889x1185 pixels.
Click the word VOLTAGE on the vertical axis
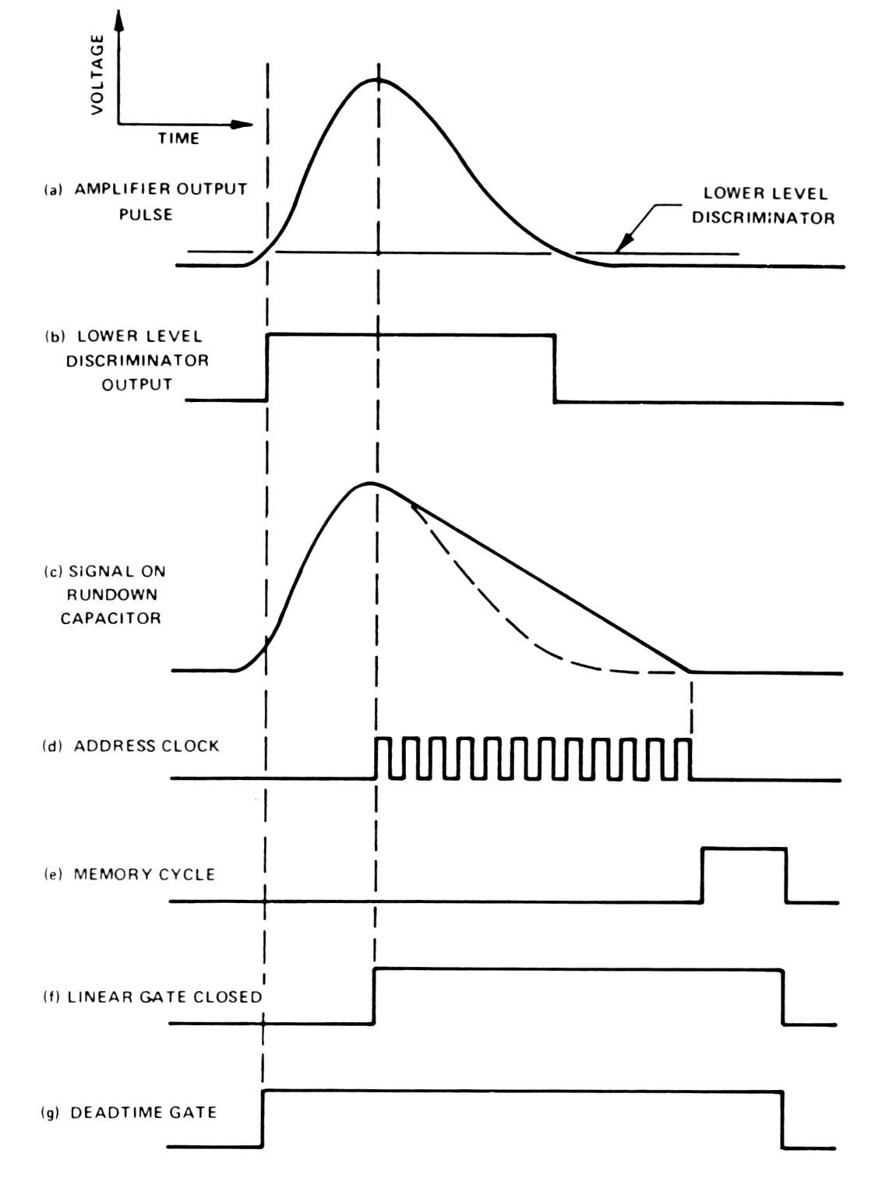[97, 75]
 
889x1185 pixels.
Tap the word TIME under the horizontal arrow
[178, 139]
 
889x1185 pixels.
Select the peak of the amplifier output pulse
[378, 79]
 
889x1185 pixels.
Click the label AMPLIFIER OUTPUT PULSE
[146, 201]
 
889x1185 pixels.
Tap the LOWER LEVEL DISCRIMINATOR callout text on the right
[764, 206]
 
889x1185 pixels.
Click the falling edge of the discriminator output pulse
[555, 369]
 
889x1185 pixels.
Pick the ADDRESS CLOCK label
[131, 746]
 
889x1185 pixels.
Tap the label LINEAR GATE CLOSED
[153, 996]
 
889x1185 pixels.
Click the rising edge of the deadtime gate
[263, 1118]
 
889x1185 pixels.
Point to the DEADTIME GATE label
[129, 1113]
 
